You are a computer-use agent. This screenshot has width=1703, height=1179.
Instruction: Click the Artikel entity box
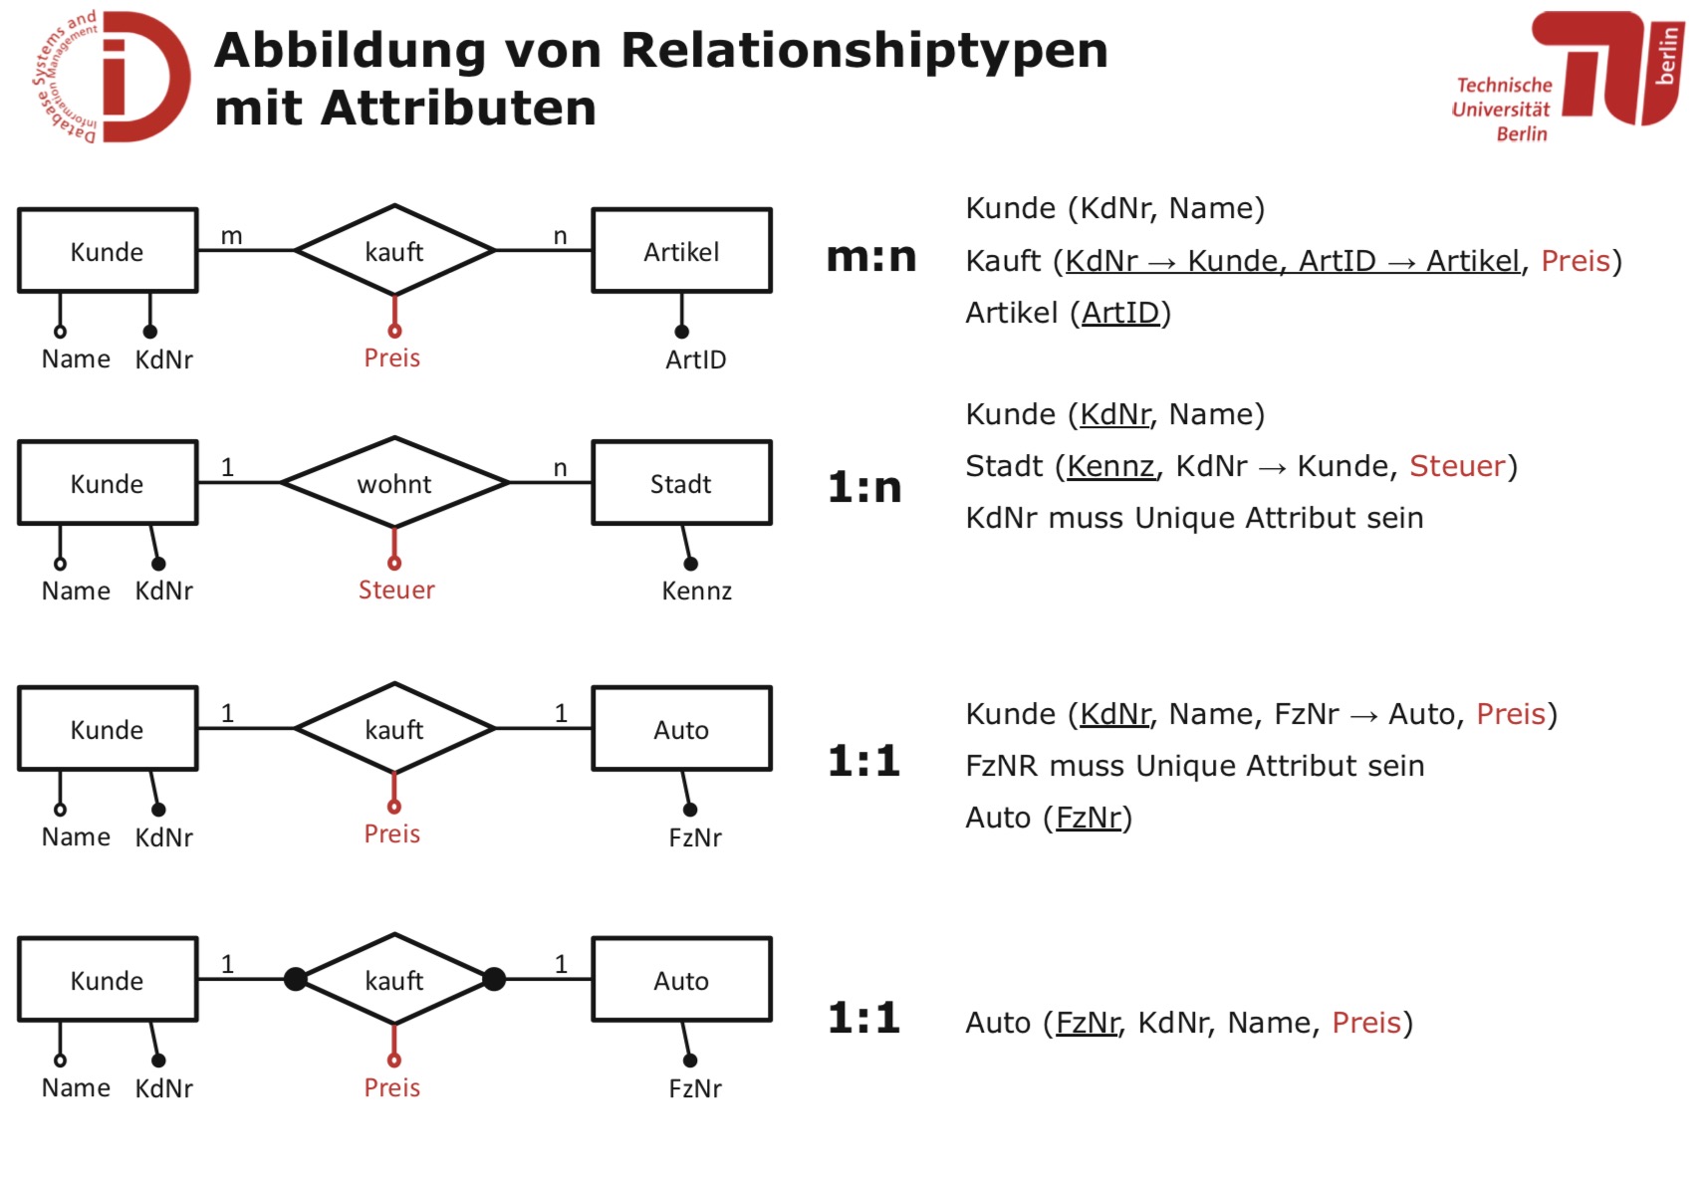coord(681,251)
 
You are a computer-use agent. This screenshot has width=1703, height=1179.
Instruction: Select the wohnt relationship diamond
coord(394,484)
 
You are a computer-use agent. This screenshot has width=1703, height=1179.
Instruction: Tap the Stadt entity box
coord(681,484)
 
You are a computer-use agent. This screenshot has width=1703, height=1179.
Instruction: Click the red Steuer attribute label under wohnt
coord(396,590)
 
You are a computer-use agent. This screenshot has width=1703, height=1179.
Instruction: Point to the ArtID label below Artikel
coord(695,359)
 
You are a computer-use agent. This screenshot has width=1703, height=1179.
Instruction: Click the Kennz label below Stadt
coord(696,591)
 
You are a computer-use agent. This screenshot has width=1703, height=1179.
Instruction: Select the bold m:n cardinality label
coord(871,257)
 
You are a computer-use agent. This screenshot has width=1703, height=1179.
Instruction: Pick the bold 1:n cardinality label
coord(864,487)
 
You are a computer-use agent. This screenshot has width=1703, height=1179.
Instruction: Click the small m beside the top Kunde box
coord(231,236)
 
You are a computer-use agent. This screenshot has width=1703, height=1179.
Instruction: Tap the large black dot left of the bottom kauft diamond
coord(296,979)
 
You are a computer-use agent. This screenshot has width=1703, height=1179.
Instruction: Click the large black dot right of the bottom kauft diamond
coord(494,979)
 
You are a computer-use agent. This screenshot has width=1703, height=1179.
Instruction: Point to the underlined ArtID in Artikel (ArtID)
coord(1120,313)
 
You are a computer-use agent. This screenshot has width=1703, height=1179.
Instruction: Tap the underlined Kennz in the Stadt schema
coord(1110,466)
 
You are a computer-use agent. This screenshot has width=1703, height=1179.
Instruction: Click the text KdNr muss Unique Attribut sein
coord(1194,518)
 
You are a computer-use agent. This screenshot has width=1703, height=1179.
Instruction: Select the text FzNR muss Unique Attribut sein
coord(1194,766)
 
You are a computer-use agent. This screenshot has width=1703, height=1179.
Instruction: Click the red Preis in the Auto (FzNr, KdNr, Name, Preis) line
coord(1366,1023)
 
